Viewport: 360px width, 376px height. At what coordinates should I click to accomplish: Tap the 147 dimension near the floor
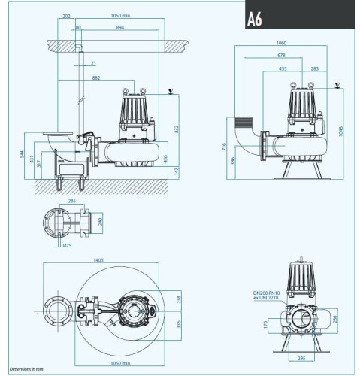click(x=177, y=171)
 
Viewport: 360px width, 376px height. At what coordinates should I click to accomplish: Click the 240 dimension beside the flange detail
click(x=101, y=222)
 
